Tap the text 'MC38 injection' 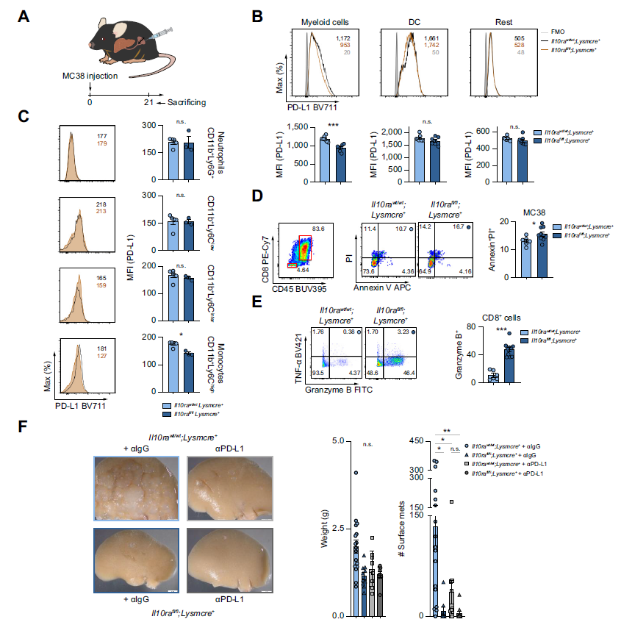(90, 76)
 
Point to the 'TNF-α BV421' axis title (300, 354)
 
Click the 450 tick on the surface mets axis (417, 441)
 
